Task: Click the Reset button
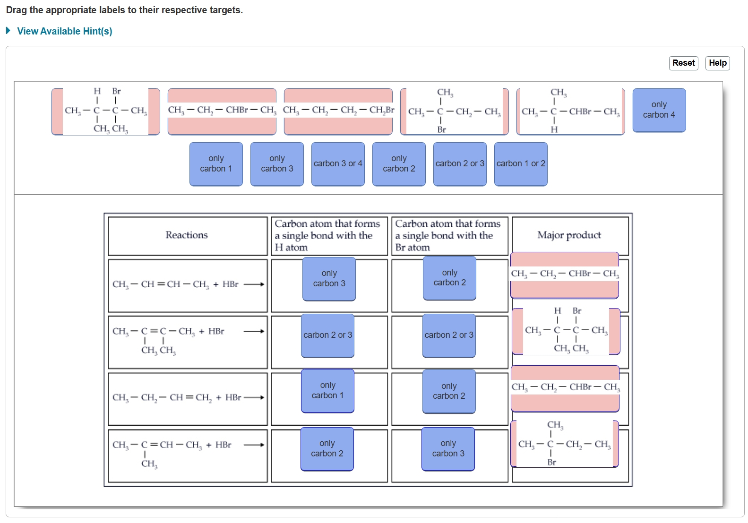[683, 63]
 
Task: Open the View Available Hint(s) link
[64, 31]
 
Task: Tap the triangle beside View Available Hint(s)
[8, 31]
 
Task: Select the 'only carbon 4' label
[659, 110]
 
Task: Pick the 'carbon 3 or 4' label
[338, 164]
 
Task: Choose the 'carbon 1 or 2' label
[521, 164]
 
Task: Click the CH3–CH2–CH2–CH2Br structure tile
[338, 111]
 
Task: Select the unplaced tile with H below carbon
[570, 111]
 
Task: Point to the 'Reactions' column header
[187, 235]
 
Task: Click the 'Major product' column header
[569, 235]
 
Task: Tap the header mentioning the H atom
[328, 235]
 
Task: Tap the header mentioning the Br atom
[448, 235]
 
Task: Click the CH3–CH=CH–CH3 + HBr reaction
[175, 284]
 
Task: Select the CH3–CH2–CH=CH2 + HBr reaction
[177, 398]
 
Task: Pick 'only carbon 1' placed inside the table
[327, 391]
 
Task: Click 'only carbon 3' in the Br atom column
[448, 449]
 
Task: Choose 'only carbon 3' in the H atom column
[329, 279]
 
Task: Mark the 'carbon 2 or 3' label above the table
[460, 164]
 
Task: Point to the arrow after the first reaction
[254, 284]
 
